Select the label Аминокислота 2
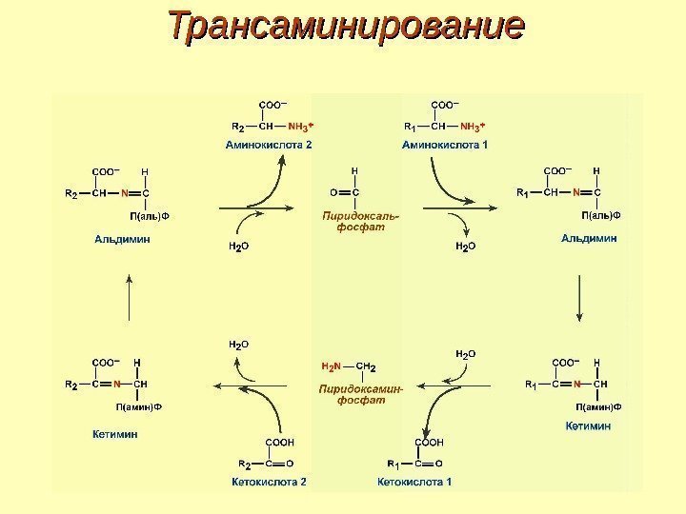[269, 145]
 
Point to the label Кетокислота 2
[270, 482]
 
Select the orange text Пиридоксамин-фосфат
[360, 394]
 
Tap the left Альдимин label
[122, 240]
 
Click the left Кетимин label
[115, 433]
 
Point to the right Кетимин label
[588, 425]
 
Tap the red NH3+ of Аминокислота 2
[301, 125]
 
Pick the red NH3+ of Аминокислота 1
[473, 125]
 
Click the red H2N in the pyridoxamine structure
[330, 366]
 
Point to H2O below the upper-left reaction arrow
[238, 246]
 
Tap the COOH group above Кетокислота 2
[277, 443]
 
